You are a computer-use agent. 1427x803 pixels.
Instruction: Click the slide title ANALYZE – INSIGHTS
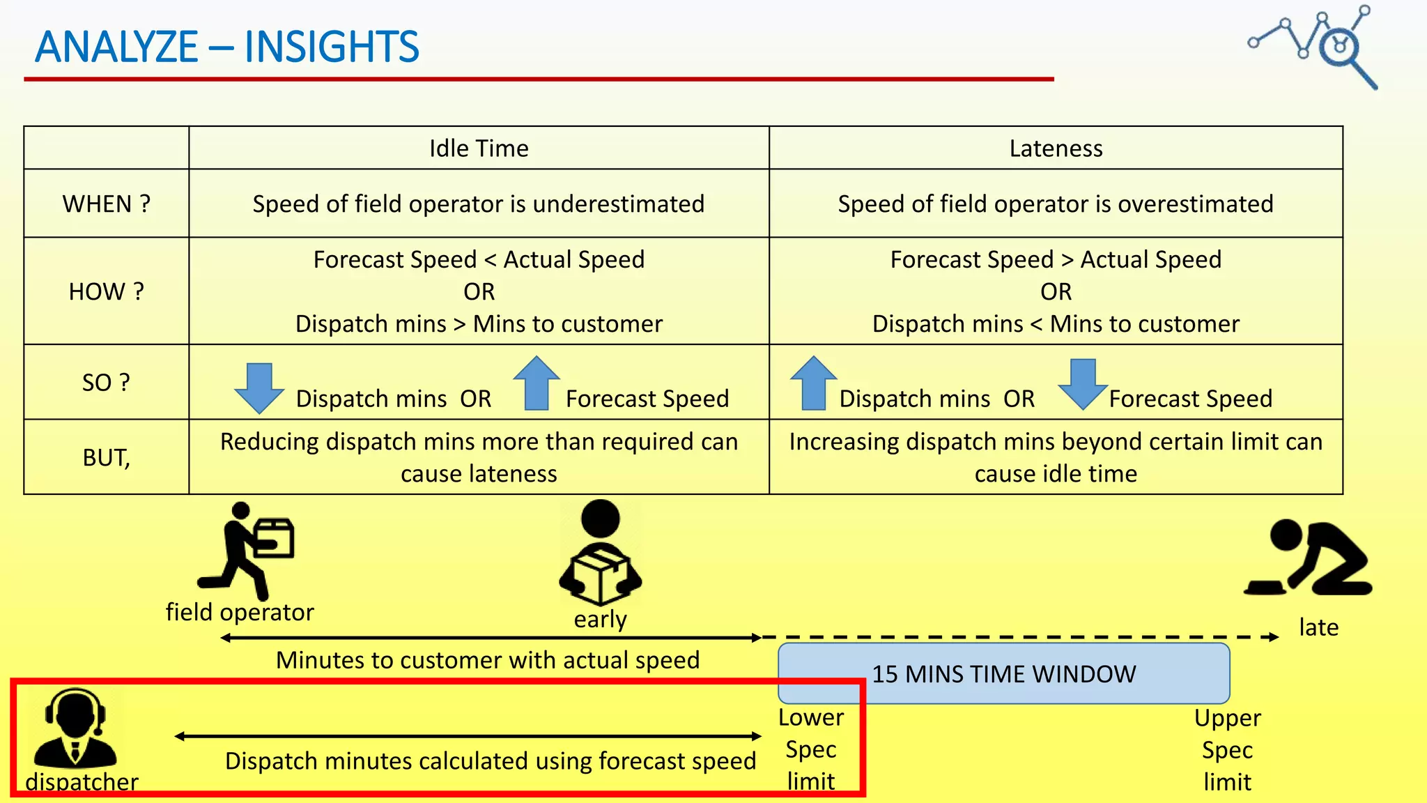[x=227, y=47]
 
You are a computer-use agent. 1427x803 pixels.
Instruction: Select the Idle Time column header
[x=479, y=148]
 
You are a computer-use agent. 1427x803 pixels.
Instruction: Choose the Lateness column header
[x=1056, y=148]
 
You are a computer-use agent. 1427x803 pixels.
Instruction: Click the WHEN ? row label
[x=106, y=204]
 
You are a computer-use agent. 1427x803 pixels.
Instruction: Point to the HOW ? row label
[x=106, y=291]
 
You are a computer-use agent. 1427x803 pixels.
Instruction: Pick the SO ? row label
[x=106, y=382]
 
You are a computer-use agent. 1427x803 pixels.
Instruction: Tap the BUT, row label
[x=106, y=457]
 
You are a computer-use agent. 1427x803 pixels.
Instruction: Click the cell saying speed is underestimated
[x=479, y=204]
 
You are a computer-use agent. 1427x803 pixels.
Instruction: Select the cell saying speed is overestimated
[x=1056, y=204]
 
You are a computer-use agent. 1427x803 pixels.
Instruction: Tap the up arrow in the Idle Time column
[x=537, y=383]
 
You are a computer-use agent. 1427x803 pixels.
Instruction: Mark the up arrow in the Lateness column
[x=813, y=383]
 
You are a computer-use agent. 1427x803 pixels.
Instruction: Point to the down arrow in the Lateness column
[x=1082, y=383]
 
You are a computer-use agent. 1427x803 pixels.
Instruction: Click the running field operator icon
[x=247, y=549]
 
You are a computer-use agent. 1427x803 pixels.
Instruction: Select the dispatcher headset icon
[x=75, y=728]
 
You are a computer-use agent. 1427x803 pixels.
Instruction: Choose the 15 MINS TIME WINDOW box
[x=1003, y=673]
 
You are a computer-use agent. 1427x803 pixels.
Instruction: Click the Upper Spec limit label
[x=1227, y=749]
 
